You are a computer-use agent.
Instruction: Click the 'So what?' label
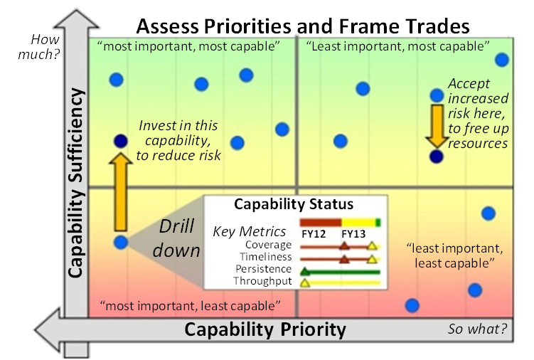[478, 329]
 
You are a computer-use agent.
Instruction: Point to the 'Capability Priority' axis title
[265, 330]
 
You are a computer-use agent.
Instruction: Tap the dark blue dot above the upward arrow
[121, 141]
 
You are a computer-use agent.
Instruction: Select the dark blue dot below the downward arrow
[436, 157]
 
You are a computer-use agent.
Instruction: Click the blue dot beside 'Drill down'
[121, 242]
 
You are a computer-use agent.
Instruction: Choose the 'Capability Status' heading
[294, 205]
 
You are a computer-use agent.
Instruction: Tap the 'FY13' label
[353, 232]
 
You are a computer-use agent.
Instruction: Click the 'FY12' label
[312, 232]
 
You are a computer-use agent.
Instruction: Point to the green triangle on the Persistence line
[305, 271]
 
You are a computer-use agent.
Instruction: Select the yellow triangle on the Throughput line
[305, 283]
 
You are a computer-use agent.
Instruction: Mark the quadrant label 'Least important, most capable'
[397, 47]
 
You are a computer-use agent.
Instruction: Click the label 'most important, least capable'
[191, 306]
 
